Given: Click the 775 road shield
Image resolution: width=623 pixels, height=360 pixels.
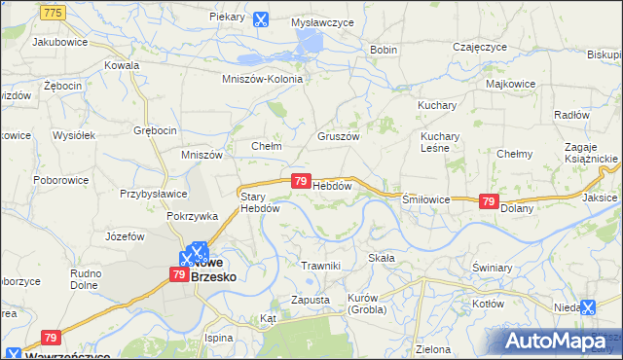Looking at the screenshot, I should (55, 11).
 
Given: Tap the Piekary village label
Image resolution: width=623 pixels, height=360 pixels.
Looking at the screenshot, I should (226, 18).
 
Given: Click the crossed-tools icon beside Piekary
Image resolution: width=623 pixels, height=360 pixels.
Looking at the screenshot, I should (260, 18).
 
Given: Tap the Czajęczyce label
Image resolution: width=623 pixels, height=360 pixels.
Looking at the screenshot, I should (481, 47).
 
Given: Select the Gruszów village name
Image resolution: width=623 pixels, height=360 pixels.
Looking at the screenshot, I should (339, 137).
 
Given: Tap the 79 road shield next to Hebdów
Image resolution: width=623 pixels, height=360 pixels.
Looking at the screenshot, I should (301, 182).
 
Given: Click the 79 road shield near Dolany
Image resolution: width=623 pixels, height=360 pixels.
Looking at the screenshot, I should (489, 200).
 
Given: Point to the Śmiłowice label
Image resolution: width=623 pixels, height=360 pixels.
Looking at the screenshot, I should (426, 198).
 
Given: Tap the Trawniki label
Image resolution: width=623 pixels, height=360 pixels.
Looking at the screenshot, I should (320, 266).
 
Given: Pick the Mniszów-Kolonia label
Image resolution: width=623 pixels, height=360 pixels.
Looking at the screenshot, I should (263, 80).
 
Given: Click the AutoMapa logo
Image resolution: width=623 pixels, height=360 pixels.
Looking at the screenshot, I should (554, 342).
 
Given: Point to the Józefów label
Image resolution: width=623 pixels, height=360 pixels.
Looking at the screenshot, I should (124, 236).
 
